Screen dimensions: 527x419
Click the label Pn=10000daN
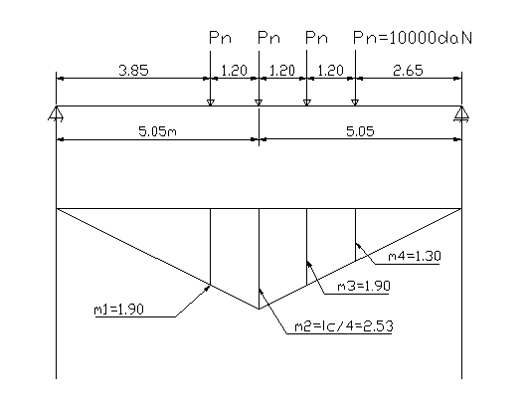413,38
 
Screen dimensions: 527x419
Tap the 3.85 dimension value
133,71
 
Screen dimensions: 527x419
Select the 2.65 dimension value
408,71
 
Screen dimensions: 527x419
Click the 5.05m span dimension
157,131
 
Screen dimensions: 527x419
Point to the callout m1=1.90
119,310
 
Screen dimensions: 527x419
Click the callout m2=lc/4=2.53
343,326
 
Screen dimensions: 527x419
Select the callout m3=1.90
364,286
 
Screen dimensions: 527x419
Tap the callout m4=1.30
415,256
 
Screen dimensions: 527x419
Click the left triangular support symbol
56,113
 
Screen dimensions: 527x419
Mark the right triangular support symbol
461,113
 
